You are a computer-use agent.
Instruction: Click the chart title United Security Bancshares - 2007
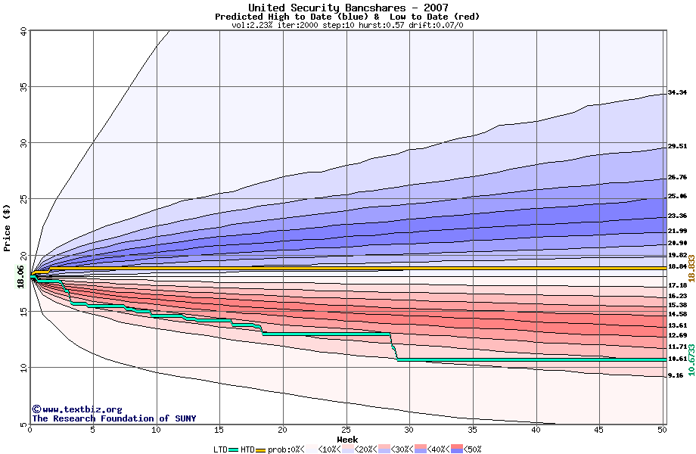(347, 8)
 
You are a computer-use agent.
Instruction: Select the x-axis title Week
(347, 439)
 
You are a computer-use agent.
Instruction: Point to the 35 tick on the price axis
(23, 87)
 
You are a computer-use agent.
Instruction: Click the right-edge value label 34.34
(676, 92)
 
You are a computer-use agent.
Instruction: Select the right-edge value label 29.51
(676, 147)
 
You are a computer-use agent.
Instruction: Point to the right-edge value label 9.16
(676, 375)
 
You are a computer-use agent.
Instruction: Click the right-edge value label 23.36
(676, 216)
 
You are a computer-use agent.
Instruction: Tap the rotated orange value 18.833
(690, 268)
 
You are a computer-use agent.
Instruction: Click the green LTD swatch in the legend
(232, 449)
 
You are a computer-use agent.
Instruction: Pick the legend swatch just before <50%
(456, 449)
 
